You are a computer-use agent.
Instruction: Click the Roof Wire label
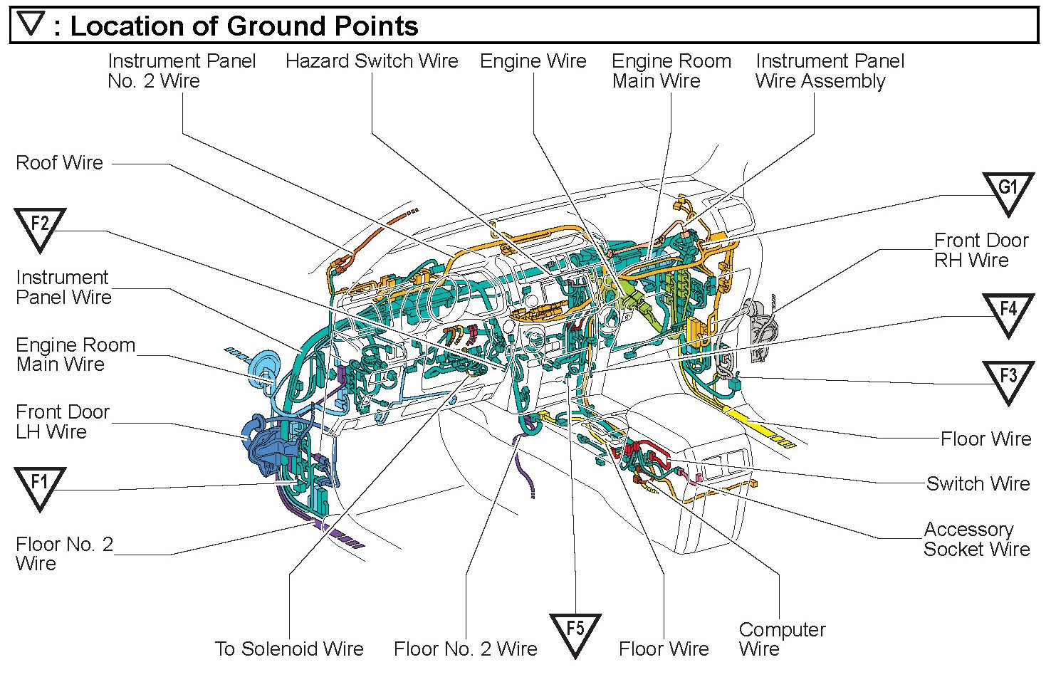click(x=60, y=163)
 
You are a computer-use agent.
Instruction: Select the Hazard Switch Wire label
click(x=372, y=61)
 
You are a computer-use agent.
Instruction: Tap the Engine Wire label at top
click(x=533, y=61)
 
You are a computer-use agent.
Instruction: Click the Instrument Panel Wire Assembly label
click(x=830, y=71)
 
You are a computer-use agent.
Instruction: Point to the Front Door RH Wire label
click(x=981, y=250)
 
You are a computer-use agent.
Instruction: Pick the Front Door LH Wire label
click(x=63, y=421)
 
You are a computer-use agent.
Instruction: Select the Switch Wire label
click(x=978, y=484)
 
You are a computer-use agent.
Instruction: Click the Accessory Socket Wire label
click(x=976, y=540)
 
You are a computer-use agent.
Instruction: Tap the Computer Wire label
click(x=782, y=639)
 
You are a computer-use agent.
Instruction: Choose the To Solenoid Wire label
click(x=289, y=649)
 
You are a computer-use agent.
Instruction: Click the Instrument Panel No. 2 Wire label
click(x=182, y=71)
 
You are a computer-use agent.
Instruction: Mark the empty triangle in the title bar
click(x=31, y=25)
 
